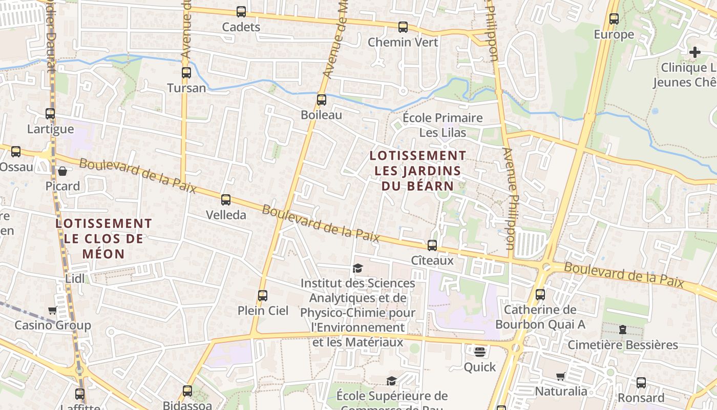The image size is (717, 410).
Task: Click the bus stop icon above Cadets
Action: coord(241,11)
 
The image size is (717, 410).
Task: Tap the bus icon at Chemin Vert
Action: coord(403,27)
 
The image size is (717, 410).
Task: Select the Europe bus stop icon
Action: coord(614,19)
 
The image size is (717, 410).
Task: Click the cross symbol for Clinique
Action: coord(694,52)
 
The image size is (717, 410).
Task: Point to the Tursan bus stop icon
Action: coord(186,73)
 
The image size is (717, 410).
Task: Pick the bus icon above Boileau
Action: coord(322,100)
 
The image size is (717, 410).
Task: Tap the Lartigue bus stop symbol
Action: coord(50,114)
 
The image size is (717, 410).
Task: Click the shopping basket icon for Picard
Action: coord(62,171)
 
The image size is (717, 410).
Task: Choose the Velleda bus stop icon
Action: coord(226,200)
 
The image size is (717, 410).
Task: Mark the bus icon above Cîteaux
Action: coord(432,245)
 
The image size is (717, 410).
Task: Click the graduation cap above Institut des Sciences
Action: coord(357,269)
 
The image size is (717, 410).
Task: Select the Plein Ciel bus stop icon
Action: coord(263,296)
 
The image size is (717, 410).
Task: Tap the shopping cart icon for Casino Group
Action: coord(52,311)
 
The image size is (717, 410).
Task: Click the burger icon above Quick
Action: coord(480,352)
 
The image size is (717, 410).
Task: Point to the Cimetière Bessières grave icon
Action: coord(623,330)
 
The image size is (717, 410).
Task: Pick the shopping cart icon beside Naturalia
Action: coord(561,377)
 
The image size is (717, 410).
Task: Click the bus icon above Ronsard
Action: coord(641,383)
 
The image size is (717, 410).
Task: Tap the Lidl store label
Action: coord(75,279)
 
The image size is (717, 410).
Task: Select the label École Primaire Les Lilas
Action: coord(443,126)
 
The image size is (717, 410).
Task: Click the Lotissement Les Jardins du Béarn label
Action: coord(418,170)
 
